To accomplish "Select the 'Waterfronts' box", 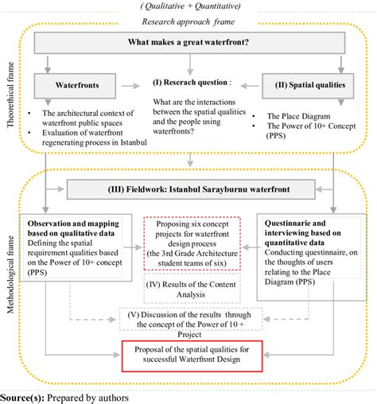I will (x=76, y=82).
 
